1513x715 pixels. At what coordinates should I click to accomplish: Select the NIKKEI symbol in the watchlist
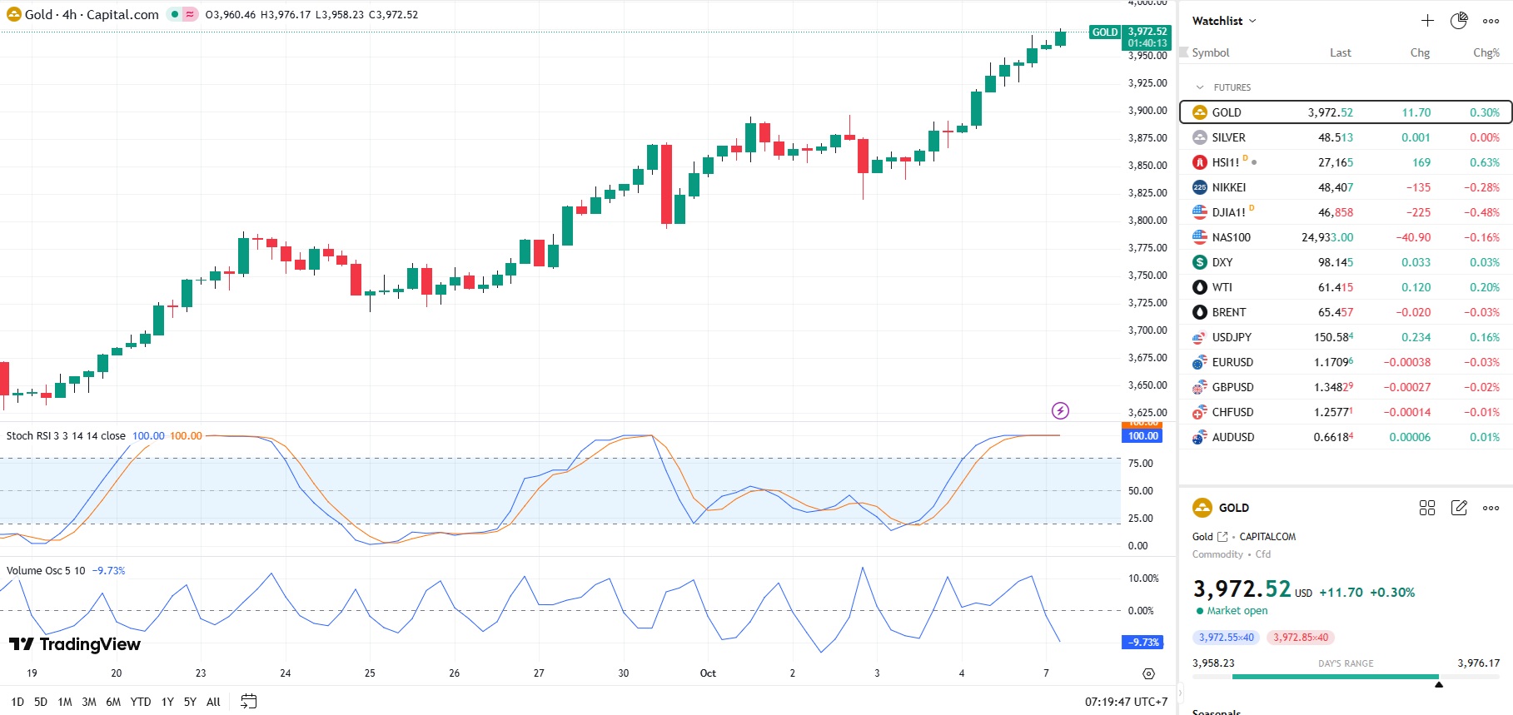[1228, 187]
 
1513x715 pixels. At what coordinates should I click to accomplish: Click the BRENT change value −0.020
[1413, 312]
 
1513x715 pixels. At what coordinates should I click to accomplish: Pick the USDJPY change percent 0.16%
[1485, 337]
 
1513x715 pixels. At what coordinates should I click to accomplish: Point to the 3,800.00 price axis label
[1147, 221]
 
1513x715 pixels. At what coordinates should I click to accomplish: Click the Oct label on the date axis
[708, 673]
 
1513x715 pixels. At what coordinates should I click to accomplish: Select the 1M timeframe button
[65, 702]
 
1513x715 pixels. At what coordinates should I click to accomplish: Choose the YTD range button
[141, 702]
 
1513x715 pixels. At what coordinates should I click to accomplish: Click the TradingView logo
[75, 644]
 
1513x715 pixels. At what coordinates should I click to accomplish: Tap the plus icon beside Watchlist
[1427, 21]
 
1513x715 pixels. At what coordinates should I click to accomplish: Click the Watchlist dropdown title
[1223, 21]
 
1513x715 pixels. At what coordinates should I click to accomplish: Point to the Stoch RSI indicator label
[66, 436]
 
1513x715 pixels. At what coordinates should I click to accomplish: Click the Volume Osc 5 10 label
[46, 571]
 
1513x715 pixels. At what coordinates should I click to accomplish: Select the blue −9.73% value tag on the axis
[1143, 643]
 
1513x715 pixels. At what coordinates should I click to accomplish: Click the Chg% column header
[1486, 52]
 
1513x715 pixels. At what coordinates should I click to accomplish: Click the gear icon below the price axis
[1149, 673]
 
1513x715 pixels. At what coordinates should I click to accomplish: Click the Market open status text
[1237, 611]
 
